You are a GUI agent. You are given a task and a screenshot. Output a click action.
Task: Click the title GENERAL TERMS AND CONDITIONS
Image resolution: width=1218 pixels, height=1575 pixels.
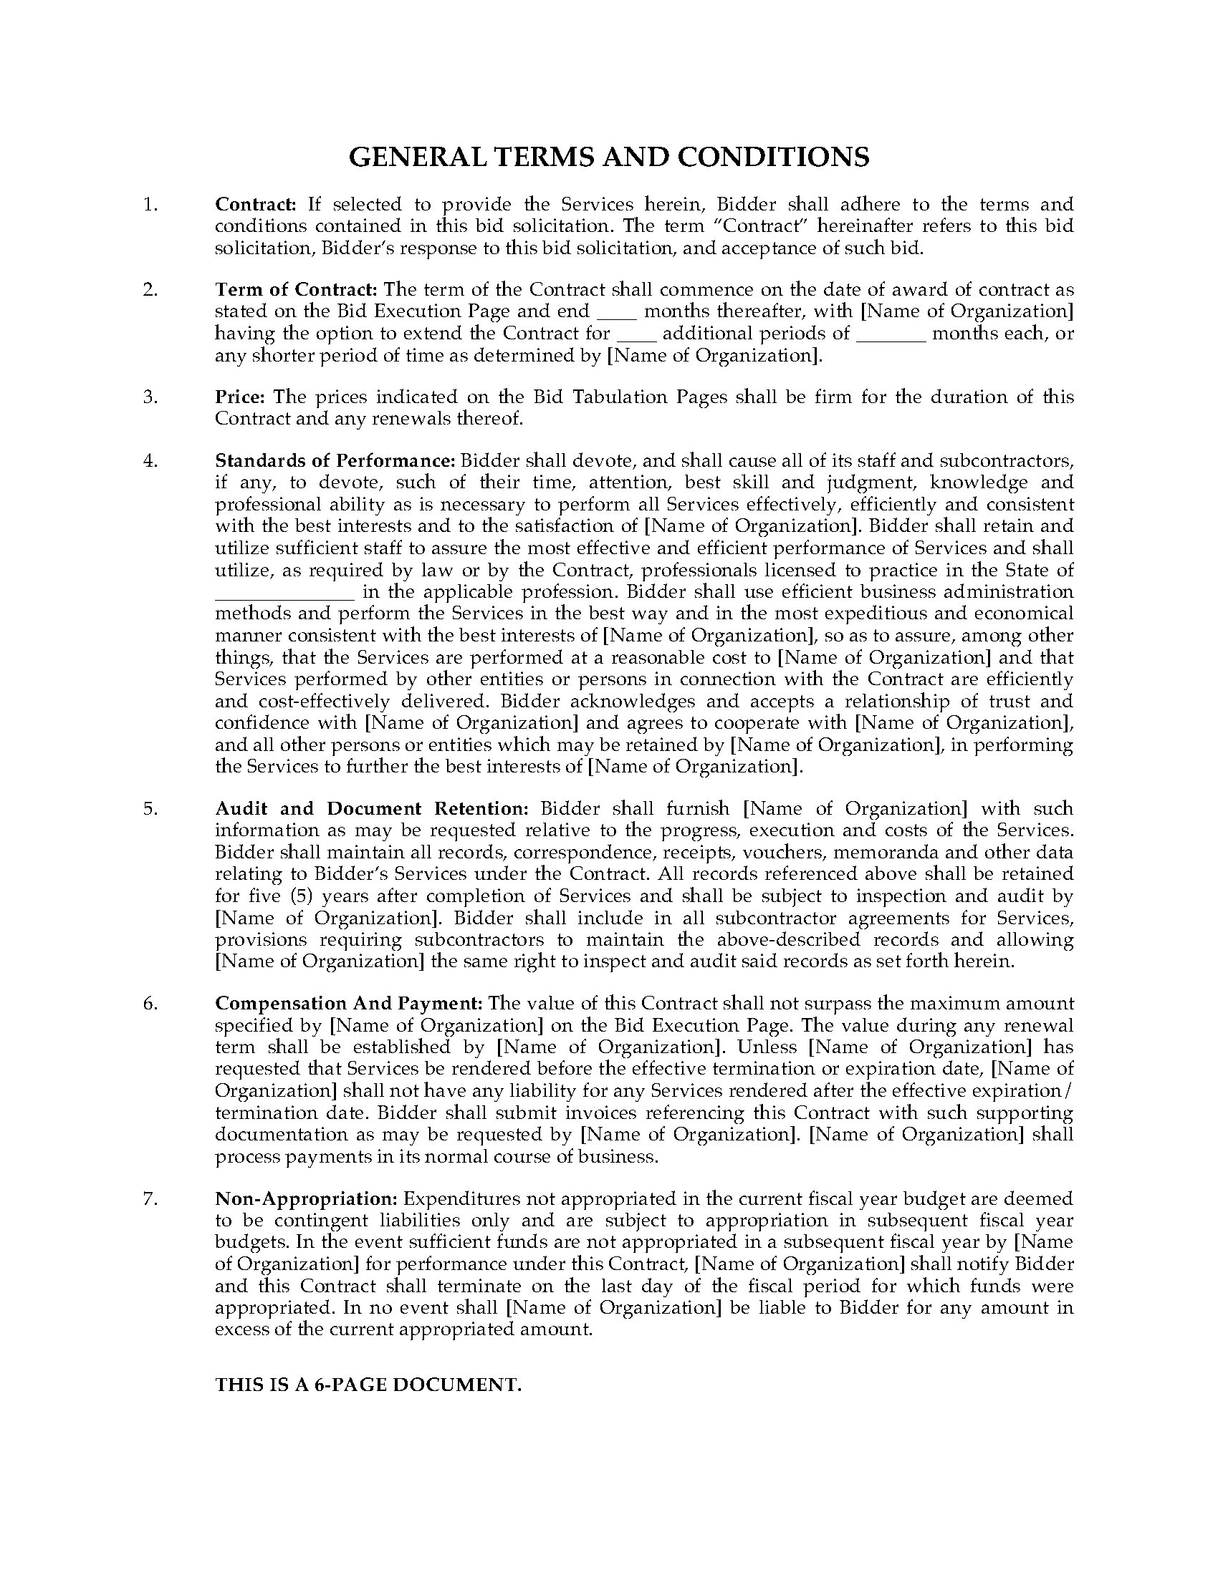(x=608, y=158)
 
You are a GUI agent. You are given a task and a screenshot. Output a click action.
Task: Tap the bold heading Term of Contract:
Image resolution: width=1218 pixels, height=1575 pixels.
(x=296, y=290)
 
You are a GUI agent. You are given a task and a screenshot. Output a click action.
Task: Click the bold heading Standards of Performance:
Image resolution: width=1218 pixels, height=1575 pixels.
(x=335, y=461)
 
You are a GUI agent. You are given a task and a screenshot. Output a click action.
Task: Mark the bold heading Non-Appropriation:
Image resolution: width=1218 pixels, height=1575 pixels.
(x=306, y=1198)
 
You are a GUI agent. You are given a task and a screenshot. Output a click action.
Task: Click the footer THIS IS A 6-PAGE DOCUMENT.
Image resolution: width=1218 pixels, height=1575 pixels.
(x=368, y=1385)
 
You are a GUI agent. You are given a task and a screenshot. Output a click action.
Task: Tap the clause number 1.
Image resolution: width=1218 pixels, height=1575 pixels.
(x=149, y=204)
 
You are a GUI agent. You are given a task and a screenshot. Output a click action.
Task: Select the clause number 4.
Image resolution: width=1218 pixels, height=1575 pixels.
(x=149, y=461)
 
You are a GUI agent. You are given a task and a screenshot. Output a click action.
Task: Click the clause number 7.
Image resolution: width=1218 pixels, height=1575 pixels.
(x=149, y=1198)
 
